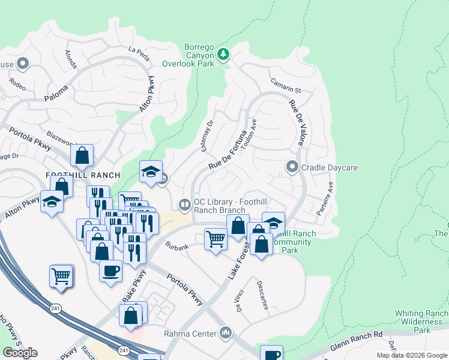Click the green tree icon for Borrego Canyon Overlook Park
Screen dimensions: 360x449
coord(223,55)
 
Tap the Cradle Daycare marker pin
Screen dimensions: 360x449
coord(292,167)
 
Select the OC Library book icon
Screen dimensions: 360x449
coord(185,205)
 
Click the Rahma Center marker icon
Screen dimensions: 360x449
coord(226,332)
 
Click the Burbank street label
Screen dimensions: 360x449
coord(178,246)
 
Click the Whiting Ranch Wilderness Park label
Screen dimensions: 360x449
coord(421,322)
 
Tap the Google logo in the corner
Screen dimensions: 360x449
coord(20,353)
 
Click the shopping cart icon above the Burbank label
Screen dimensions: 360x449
coord(215,239)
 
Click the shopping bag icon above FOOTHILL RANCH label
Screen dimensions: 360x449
coord(82,156)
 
